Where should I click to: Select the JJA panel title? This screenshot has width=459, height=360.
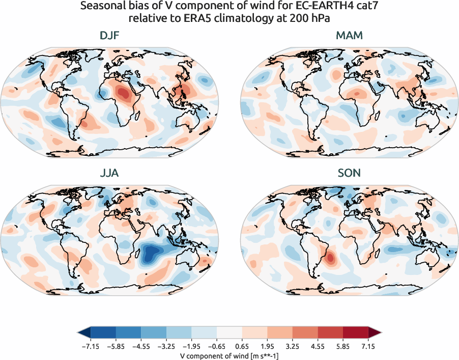[110, 173]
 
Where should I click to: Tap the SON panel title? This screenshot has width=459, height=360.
[349, 173]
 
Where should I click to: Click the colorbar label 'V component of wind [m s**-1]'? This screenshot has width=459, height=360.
[230, 355]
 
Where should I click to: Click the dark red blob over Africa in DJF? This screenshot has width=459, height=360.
[124, 93]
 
